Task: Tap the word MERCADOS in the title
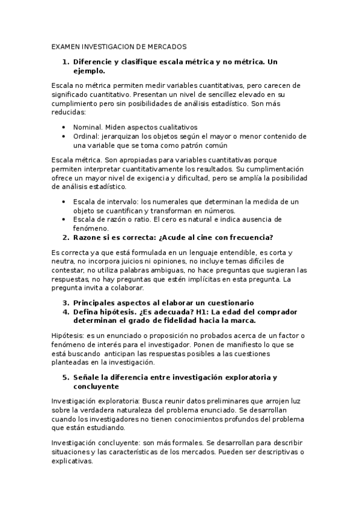(x=165, y=46)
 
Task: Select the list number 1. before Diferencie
(x=66, y=62)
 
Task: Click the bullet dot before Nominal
(x=64, y=127)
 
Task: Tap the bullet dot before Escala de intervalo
(x=64, y=201)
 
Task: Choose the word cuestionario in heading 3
(x=228, y=303)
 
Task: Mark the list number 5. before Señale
(x=66, y=377)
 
